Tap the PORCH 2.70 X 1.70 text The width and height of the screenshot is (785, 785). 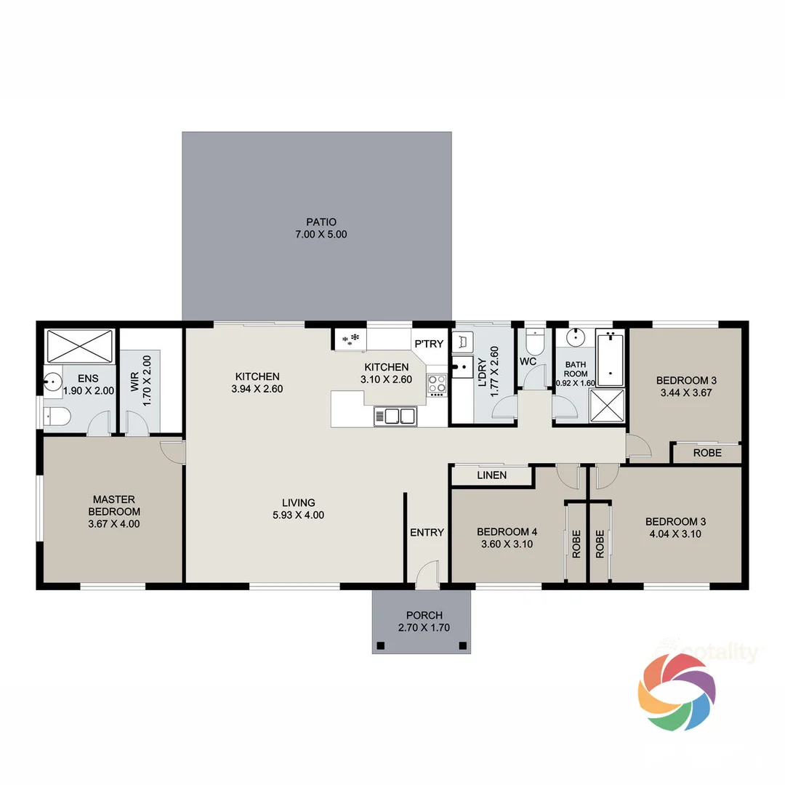[420, 621]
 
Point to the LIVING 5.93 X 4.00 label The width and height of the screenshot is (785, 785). [299, 509]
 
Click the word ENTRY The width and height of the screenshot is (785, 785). [427, 532]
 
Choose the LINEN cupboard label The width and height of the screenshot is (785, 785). [491, 475]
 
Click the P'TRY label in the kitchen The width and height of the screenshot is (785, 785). [428, 344]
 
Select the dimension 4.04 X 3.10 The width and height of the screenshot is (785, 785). [675, 534]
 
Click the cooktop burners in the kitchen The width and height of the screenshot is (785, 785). [437, 384]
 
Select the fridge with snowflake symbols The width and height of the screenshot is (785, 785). [350, 338]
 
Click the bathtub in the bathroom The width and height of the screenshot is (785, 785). [609, 358]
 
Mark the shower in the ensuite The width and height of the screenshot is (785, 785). [80, 345]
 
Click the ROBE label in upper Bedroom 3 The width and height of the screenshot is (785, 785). [707, 453]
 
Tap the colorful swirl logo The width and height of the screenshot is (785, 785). [677, 691]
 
